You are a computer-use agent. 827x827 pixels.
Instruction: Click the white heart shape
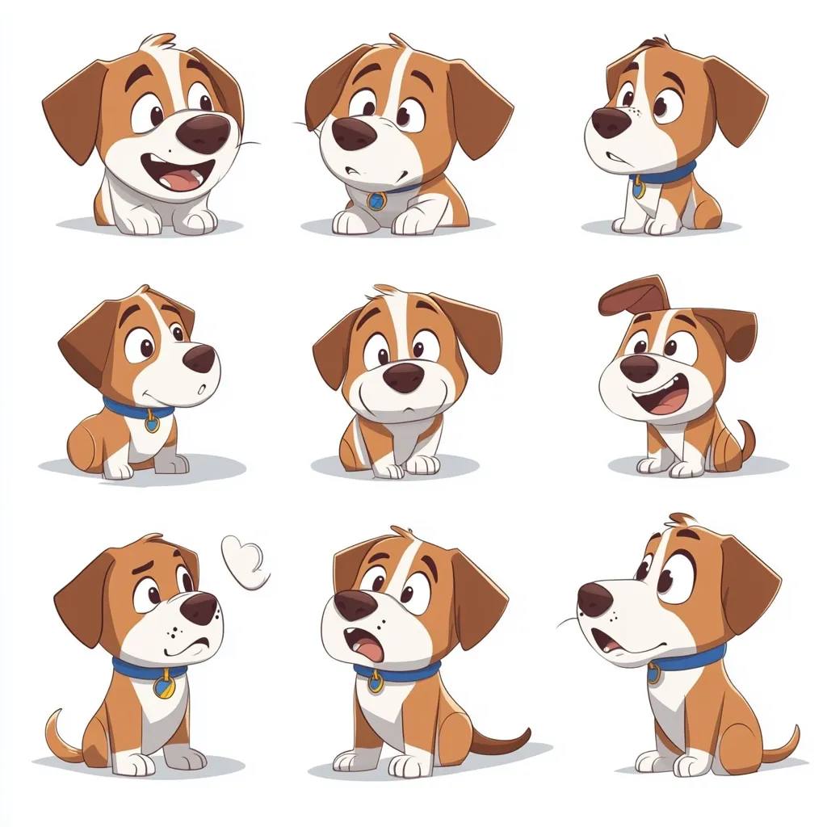(245, 561)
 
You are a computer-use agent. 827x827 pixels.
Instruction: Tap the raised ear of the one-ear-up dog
(634, 296)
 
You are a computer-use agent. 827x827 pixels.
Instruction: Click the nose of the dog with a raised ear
(639, 368)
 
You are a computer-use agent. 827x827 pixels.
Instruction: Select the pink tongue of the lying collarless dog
(184, 178)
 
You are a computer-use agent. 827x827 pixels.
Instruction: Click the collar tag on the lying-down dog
(376, 199)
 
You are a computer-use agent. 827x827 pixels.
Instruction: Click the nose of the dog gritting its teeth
(611, 122)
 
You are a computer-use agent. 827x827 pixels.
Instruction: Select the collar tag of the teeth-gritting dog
(639, 187)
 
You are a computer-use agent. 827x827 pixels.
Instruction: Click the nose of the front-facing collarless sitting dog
(404, 376)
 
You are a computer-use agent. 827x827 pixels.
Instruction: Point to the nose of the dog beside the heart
(199, 608)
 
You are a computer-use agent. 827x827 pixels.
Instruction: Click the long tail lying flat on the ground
(501, 739)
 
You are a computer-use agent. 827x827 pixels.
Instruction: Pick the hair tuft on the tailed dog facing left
(682, 518)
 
